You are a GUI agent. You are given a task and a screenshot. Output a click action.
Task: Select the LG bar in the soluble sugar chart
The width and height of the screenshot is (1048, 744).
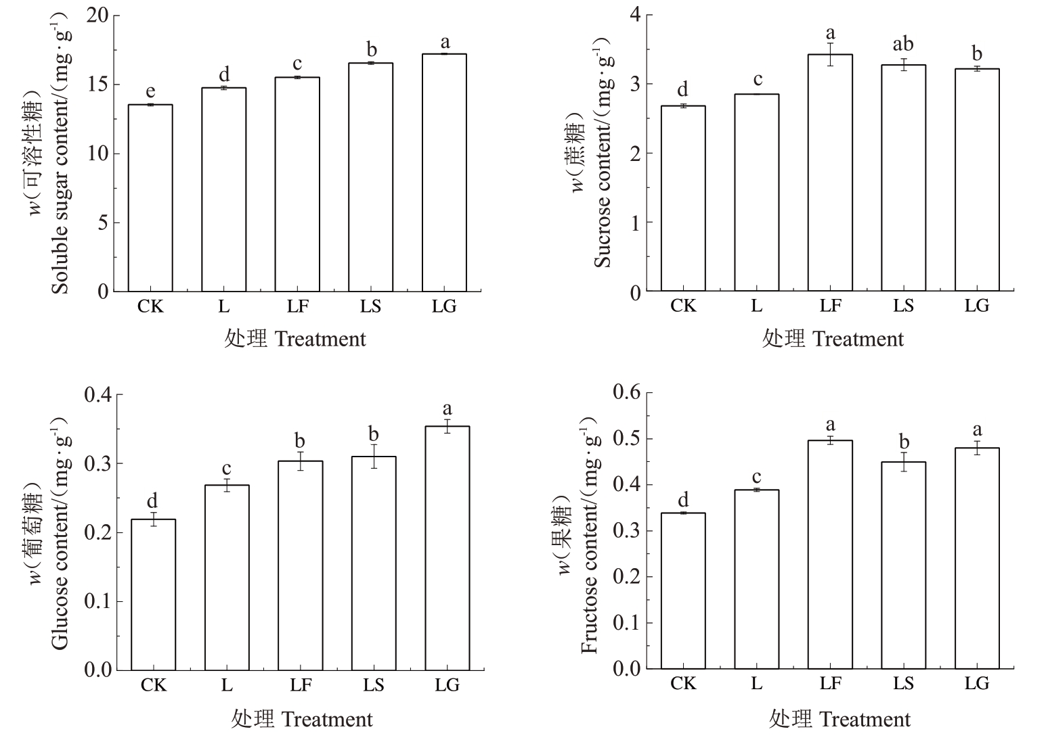pos(444,172)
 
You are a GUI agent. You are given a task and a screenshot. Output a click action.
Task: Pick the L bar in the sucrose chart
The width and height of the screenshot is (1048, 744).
pos(756,193)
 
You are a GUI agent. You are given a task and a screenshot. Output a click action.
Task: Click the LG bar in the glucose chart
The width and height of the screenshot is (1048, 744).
pos(447,548)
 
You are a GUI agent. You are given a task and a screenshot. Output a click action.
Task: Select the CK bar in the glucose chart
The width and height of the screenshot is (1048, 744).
pos(153,595)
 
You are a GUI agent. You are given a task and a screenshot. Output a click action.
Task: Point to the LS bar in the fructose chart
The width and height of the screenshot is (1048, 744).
pos(903,565)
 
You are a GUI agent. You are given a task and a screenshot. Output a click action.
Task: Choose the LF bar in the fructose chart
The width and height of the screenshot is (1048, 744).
pos(830,555)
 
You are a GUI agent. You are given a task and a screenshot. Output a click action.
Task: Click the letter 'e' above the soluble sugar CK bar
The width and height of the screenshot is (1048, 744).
pos(150,92)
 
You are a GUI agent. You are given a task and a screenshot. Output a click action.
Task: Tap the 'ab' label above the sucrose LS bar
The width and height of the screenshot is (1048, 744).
pos(903,45)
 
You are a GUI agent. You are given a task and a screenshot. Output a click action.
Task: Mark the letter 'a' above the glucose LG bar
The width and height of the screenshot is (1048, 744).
pos(447,409)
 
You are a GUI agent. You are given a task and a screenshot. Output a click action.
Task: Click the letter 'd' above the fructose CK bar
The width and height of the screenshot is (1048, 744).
pos(683,500)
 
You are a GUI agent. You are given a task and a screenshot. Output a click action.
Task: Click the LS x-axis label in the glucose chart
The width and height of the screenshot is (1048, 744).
pos(373,685)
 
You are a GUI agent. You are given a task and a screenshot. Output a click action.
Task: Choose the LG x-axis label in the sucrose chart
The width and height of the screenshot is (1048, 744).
pos(976,306)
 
